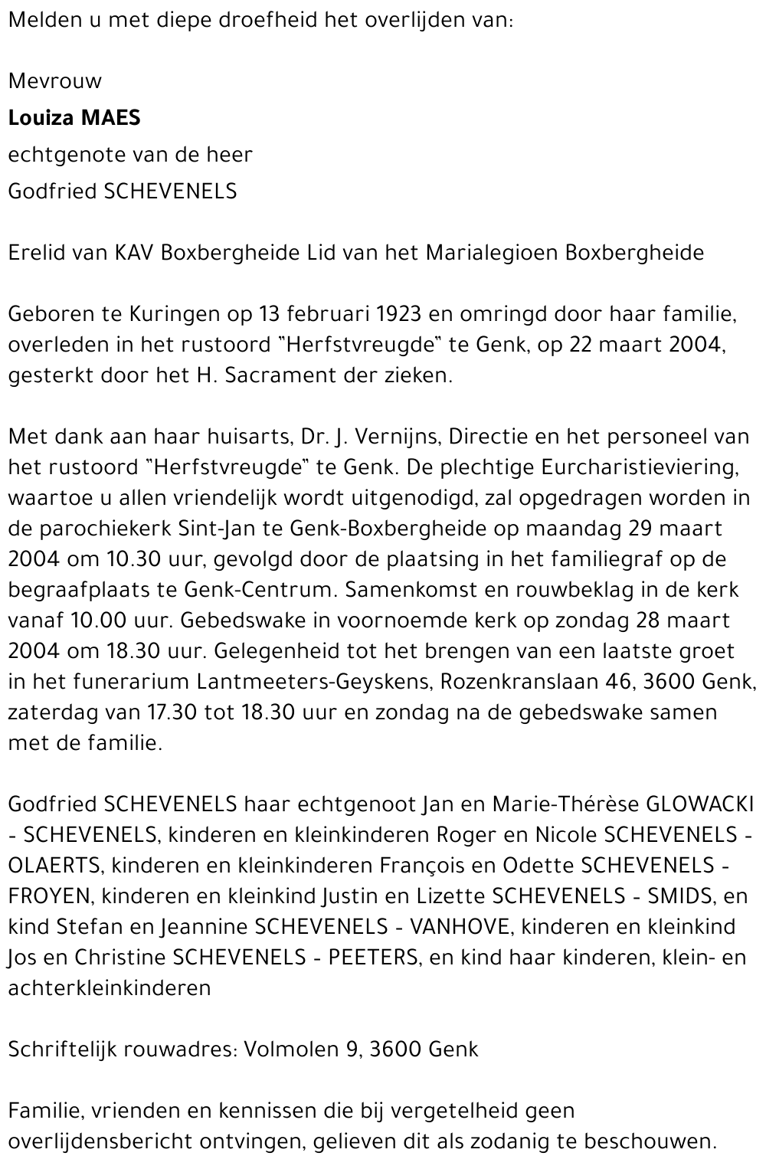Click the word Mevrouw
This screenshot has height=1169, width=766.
(x=54, y=82)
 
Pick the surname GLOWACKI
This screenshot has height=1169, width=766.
(x=700, y=804)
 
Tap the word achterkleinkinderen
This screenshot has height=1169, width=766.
(x=109, y=987)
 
